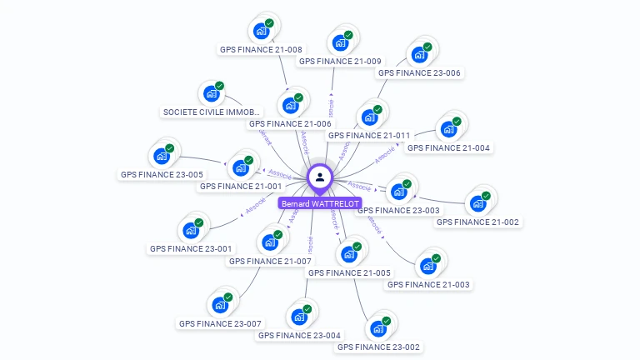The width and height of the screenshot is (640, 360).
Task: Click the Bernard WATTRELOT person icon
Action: pyautogui.click(x=320, y=177)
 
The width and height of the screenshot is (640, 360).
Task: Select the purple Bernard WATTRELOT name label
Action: pyautogui.click(x=320, y=203)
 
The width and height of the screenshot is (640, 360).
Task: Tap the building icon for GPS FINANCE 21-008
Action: pyautogui.click(x=261, y=32)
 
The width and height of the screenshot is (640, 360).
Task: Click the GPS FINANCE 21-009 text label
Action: pyautogui.click(x=340, y=61)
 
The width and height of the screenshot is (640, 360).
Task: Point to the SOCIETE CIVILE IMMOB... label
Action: pyautogui.click(x=212, y=112)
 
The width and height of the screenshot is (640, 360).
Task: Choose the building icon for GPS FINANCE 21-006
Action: pyautogui.click(x=290, y=106)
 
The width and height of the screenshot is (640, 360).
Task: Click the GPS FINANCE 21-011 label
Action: pyautogui.click(x=368, y=135)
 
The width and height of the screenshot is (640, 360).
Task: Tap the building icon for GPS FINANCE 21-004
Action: pyautogui.click(x=448, y=130)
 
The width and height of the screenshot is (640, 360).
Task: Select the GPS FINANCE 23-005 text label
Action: pyautogui.click(x=162, y=175)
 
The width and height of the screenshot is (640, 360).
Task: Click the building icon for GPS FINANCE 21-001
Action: pyautogui.click(x=241, y=167)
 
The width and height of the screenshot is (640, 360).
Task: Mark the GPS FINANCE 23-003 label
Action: pyautogui.click(x=398, y=211)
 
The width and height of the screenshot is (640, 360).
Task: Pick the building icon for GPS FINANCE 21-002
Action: pyautogui.click(x=477, y=203)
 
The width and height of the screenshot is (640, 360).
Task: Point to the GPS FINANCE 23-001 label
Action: pyautogui.click(x=192, y=248)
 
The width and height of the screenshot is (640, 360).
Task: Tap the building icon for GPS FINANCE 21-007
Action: pyautogui.click(x=270, y=242)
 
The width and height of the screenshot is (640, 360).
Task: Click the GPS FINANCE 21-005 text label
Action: pyautogui.click(x=349, y=272)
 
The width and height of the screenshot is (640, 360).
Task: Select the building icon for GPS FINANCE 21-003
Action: pyautogui.click(x=428, y=267)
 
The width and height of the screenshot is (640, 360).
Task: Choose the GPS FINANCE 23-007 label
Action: pyautogui.click(x=220, y=323)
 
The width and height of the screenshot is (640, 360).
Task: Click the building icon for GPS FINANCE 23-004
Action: pyautogui.click(x=298, y=317)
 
